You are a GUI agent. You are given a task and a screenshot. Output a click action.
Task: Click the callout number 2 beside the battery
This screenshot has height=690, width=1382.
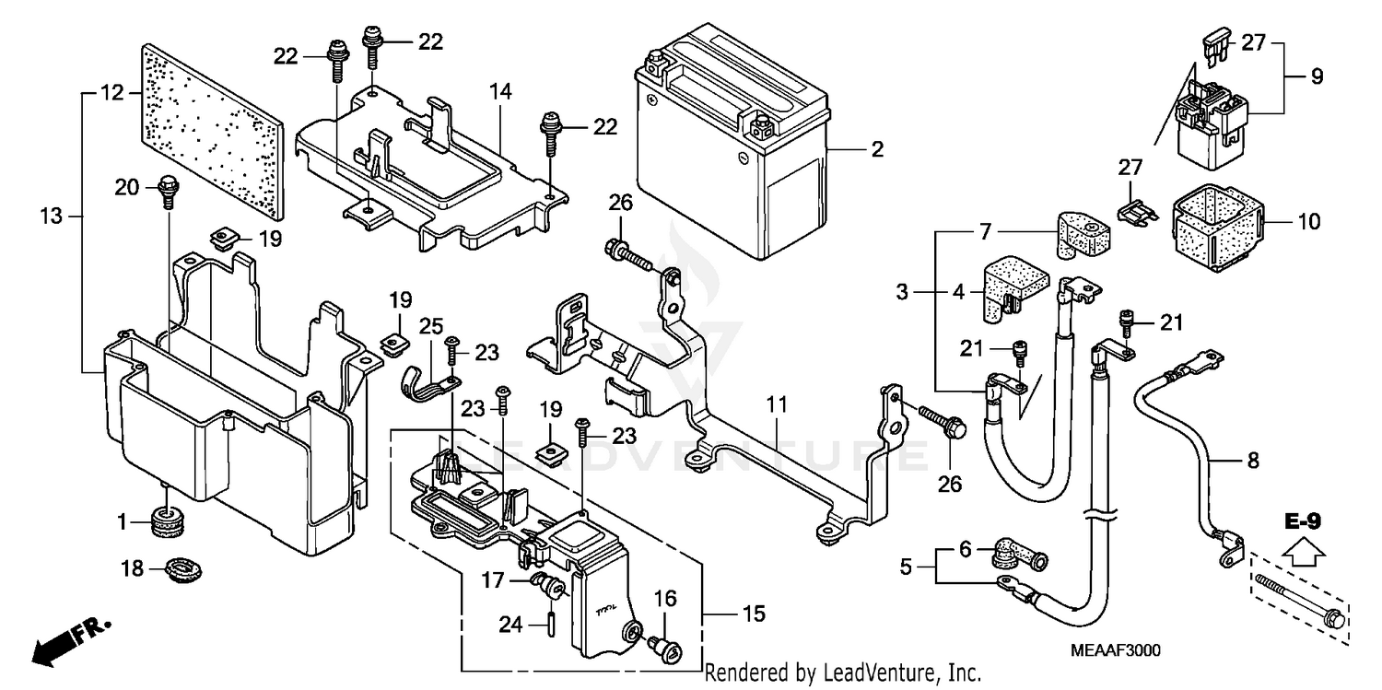coord(877,149)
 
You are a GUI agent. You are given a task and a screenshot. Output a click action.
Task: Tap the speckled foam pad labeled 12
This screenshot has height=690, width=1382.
coord(214,132)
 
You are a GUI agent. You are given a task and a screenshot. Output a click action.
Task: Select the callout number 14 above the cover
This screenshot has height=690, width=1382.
coord(500,92)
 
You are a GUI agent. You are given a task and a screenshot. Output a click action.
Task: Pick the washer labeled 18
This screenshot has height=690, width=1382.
coord(184,567)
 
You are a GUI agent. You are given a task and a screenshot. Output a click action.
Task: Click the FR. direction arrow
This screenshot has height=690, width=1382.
coord(71,643)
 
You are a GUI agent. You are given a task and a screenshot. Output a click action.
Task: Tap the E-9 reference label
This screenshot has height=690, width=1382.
coord(1303,521)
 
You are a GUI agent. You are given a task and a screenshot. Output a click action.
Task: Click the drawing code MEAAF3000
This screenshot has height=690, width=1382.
coord(1116,650)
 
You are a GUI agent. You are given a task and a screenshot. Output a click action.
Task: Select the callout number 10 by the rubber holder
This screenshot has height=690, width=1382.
coord(1308,221)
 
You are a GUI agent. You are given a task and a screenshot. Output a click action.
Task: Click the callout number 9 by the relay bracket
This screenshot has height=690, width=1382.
coord(1318,76)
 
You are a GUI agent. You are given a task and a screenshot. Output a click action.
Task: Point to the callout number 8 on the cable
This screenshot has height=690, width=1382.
coord(1252,460)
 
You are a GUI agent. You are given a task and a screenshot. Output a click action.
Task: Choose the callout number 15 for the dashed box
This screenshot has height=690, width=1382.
coord(754,614)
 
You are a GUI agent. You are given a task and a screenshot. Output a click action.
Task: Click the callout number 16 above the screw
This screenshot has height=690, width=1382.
coord(665,599)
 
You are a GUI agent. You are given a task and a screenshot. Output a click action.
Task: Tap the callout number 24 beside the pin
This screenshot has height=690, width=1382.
coord(510,625)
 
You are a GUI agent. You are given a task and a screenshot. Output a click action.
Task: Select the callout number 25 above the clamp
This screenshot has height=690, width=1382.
coord(431,326)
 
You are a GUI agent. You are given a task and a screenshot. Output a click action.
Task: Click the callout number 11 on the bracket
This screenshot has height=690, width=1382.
coord(777,404)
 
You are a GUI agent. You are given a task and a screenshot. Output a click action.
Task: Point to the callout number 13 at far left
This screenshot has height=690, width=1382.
coord(52,216)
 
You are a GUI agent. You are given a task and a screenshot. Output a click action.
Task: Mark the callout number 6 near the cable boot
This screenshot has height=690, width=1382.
coord(966,549)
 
